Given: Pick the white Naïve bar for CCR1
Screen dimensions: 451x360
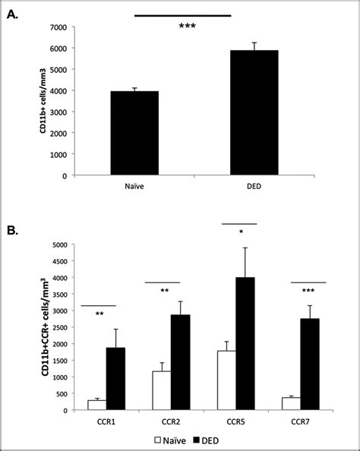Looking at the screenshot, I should click(97, 405).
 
